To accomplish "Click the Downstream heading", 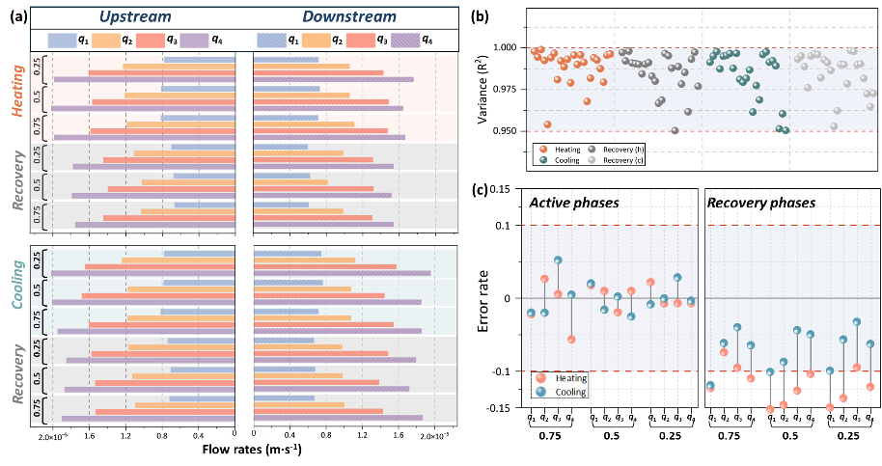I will (349, 17).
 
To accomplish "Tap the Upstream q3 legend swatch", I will (150, 40).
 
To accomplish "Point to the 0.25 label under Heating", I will (38, 69).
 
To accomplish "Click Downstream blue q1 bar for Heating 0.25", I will (287, 60).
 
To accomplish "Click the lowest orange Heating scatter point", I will (547, 124).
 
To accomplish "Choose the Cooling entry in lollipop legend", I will (569, 392).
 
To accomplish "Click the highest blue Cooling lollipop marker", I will (558, 260).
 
